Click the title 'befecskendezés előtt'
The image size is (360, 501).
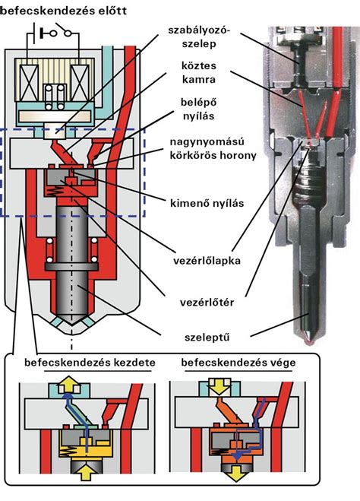pos(63,10)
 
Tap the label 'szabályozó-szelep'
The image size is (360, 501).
pos(199,37)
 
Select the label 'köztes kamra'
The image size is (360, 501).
pos(199,72)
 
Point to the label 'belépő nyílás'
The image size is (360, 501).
pos(198,109)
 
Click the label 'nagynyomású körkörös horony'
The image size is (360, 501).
pos(213,148)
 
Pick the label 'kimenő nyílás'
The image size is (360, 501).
pos(207,203)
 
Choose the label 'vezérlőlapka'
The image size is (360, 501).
pos(207,261)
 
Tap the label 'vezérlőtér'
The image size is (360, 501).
pos(207,303)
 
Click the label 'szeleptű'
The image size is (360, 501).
pos(207,338)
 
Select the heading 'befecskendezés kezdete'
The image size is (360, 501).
pos(90,363)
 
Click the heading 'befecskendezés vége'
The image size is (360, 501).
pos(238,363)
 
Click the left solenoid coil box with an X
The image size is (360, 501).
pos(30,83)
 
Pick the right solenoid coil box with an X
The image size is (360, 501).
pos(80,83)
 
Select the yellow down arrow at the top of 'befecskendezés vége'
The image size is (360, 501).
pos(219,387)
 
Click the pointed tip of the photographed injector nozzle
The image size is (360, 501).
pos(309,344)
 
